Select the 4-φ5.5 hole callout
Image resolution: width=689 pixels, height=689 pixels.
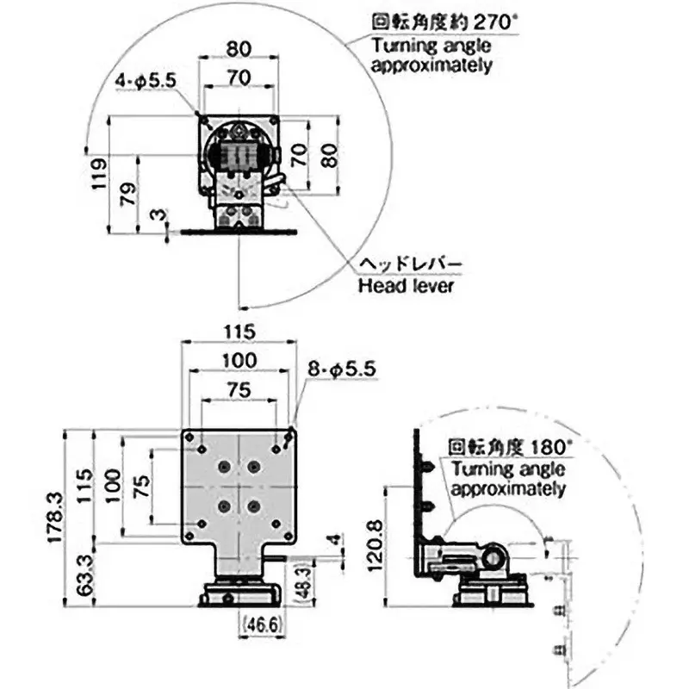pyautogui.click(x=146, y=81)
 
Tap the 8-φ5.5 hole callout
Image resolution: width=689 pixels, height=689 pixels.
pyautogui.click(x=342, y=369)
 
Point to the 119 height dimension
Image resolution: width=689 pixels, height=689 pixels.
pyautogui.click(x=99, y=174)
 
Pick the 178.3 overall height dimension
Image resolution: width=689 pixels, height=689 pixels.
pyautogui.click(x=56, y=518)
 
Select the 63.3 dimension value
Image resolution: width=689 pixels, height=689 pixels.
pyautogui.click(x=84, y=574)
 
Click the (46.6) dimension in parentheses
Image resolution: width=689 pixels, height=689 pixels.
pyautogui.click(x=262, y=624)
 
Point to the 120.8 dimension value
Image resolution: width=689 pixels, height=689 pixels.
pyautogui.click(x=376, y=545)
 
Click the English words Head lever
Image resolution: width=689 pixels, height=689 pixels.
pyautogui.click(x=406, y=286)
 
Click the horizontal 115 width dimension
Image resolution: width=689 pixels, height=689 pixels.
pyautogui.click(x=239, y=332)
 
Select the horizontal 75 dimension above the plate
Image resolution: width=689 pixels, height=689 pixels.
pyautogui.click(x=239, y=390)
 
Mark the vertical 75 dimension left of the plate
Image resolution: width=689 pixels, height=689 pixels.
pyautogui.click(x=141, y=487)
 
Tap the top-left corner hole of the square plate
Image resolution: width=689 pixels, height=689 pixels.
pyautogui.click(x=189, y=438)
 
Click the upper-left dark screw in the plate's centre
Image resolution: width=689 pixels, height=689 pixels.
pyautogui.click(x=225, y=467)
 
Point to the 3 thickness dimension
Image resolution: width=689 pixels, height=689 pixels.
pyautogui.click(x=158, y=214)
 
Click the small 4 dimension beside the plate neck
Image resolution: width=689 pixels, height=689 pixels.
pyautogui.click(x=335, y=539)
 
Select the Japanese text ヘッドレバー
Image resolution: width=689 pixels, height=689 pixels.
pyautogui.click(x=411, y=264)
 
